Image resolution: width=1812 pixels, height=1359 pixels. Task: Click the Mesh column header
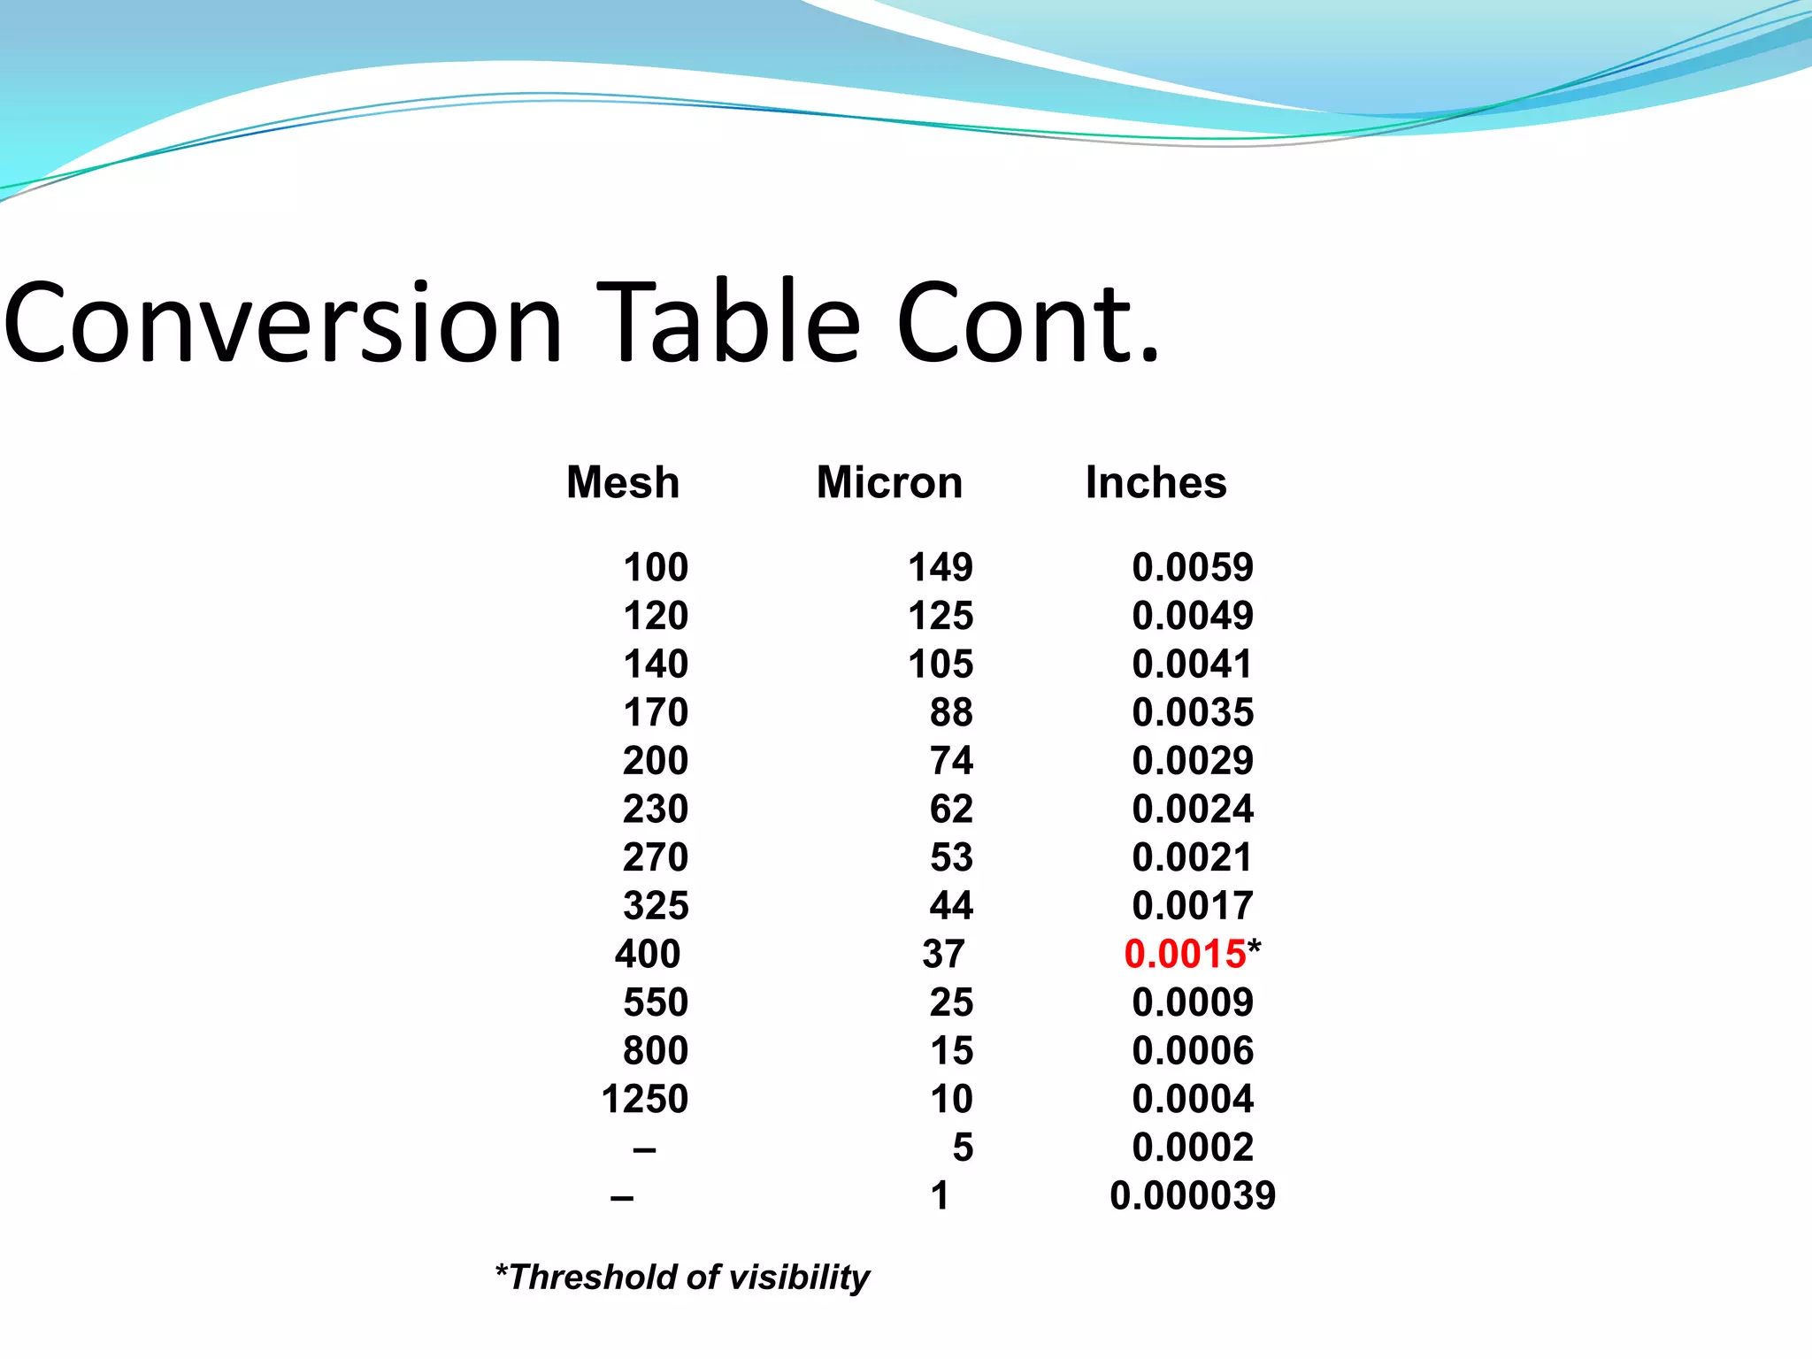point(623,483)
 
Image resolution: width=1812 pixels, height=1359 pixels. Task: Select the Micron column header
point(889,483)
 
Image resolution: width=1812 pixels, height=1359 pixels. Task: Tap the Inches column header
point(1156,483)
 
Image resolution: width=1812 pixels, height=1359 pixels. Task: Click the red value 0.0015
point(1185,955)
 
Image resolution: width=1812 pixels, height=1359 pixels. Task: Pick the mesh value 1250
point(644,1100)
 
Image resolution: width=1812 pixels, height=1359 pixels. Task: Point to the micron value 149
point(941,568)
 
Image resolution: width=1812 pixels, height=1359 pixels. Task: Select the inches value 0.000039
point(1193,1196)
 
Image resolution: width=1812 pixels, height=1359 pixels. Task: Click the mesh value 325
point(656,906)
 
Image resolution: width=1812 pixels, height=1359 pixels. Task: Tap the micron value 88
point(951,713)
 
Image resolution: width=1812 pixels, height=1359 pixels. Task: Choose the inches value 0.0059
point(1193,568)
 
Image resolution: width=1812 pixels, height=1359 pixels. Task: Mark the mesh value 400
point(648,955)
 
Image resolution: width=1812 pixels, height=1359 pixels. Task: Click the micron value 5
point(963,1148)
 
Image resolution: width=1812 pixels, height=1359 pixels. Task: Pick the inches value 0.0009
point(1193,1003)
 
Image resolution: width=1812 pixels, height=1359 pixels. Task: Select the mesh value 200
point(656,762)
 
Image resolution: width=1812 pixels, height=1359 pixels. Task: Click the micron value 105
point(941,664)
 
